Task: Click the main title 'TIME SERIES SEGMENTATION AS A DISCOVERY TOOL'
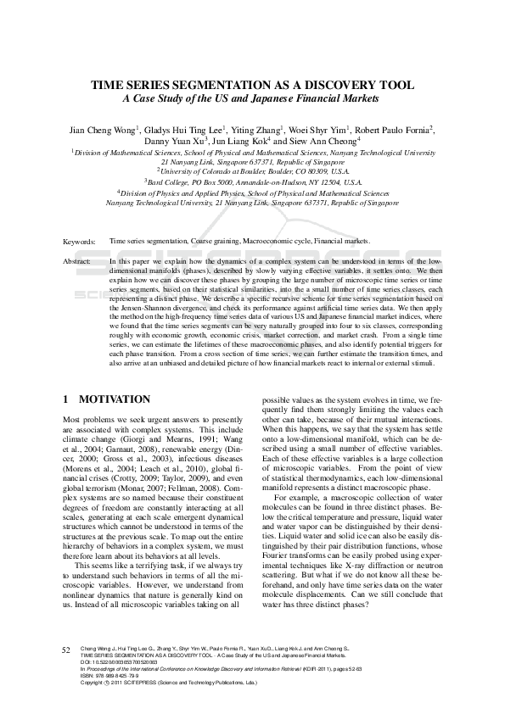click(x=252, y=86)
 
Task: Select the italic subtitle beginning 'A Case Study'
click(x=252, y=99)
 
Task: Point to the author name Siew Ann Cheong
click(x=328, y=142)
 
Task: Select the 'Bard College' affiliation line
click(x=252, y=181)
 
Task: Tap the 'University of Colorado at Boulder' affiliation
click(x=252, y=170)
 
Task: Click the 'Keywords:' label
click(x=79, y=242)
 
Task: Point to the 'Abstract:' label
click(x=77, y=262)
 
